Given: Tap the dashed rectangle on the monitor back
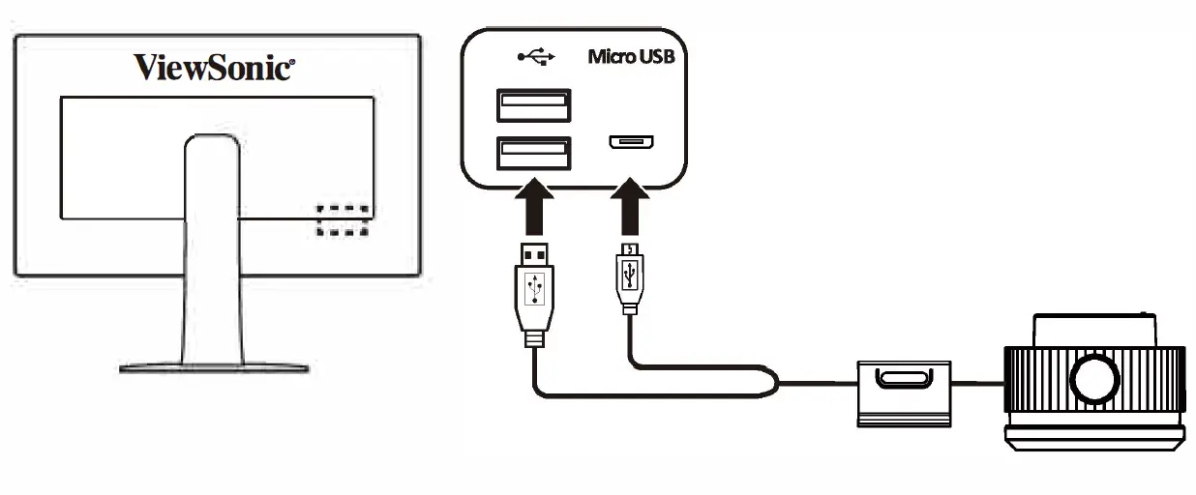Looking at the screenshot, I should pyautogui.click(x=343, y=220).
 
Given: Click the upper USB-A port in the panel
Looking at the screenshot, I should pyautogui.click(x=533, y=105).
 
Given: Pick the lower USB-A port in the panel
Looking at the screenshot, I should pyautogui.click(x=533, y=154).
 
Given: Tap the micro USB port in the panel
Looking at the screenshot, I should pyautogui.click(x=631, y=143).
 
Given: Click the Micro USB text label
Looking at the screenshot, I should pyautogui.click(x=631, y=56).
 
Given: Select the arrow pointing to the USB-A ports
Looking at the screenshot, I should pyautogui.click(x=534, y=204).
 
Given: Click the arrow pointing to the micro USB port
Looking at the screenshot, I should pyautogui.click(x=631, y=204).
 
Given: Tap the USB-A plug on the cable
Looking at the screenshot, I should pyautogui.click(x=534, y=290).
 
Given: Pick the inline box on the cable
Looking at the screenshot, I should pyautogui.click(x=904, y=390).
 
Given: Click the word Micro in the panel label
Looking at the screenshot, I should pyautogui.click(x=611, y=56).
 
